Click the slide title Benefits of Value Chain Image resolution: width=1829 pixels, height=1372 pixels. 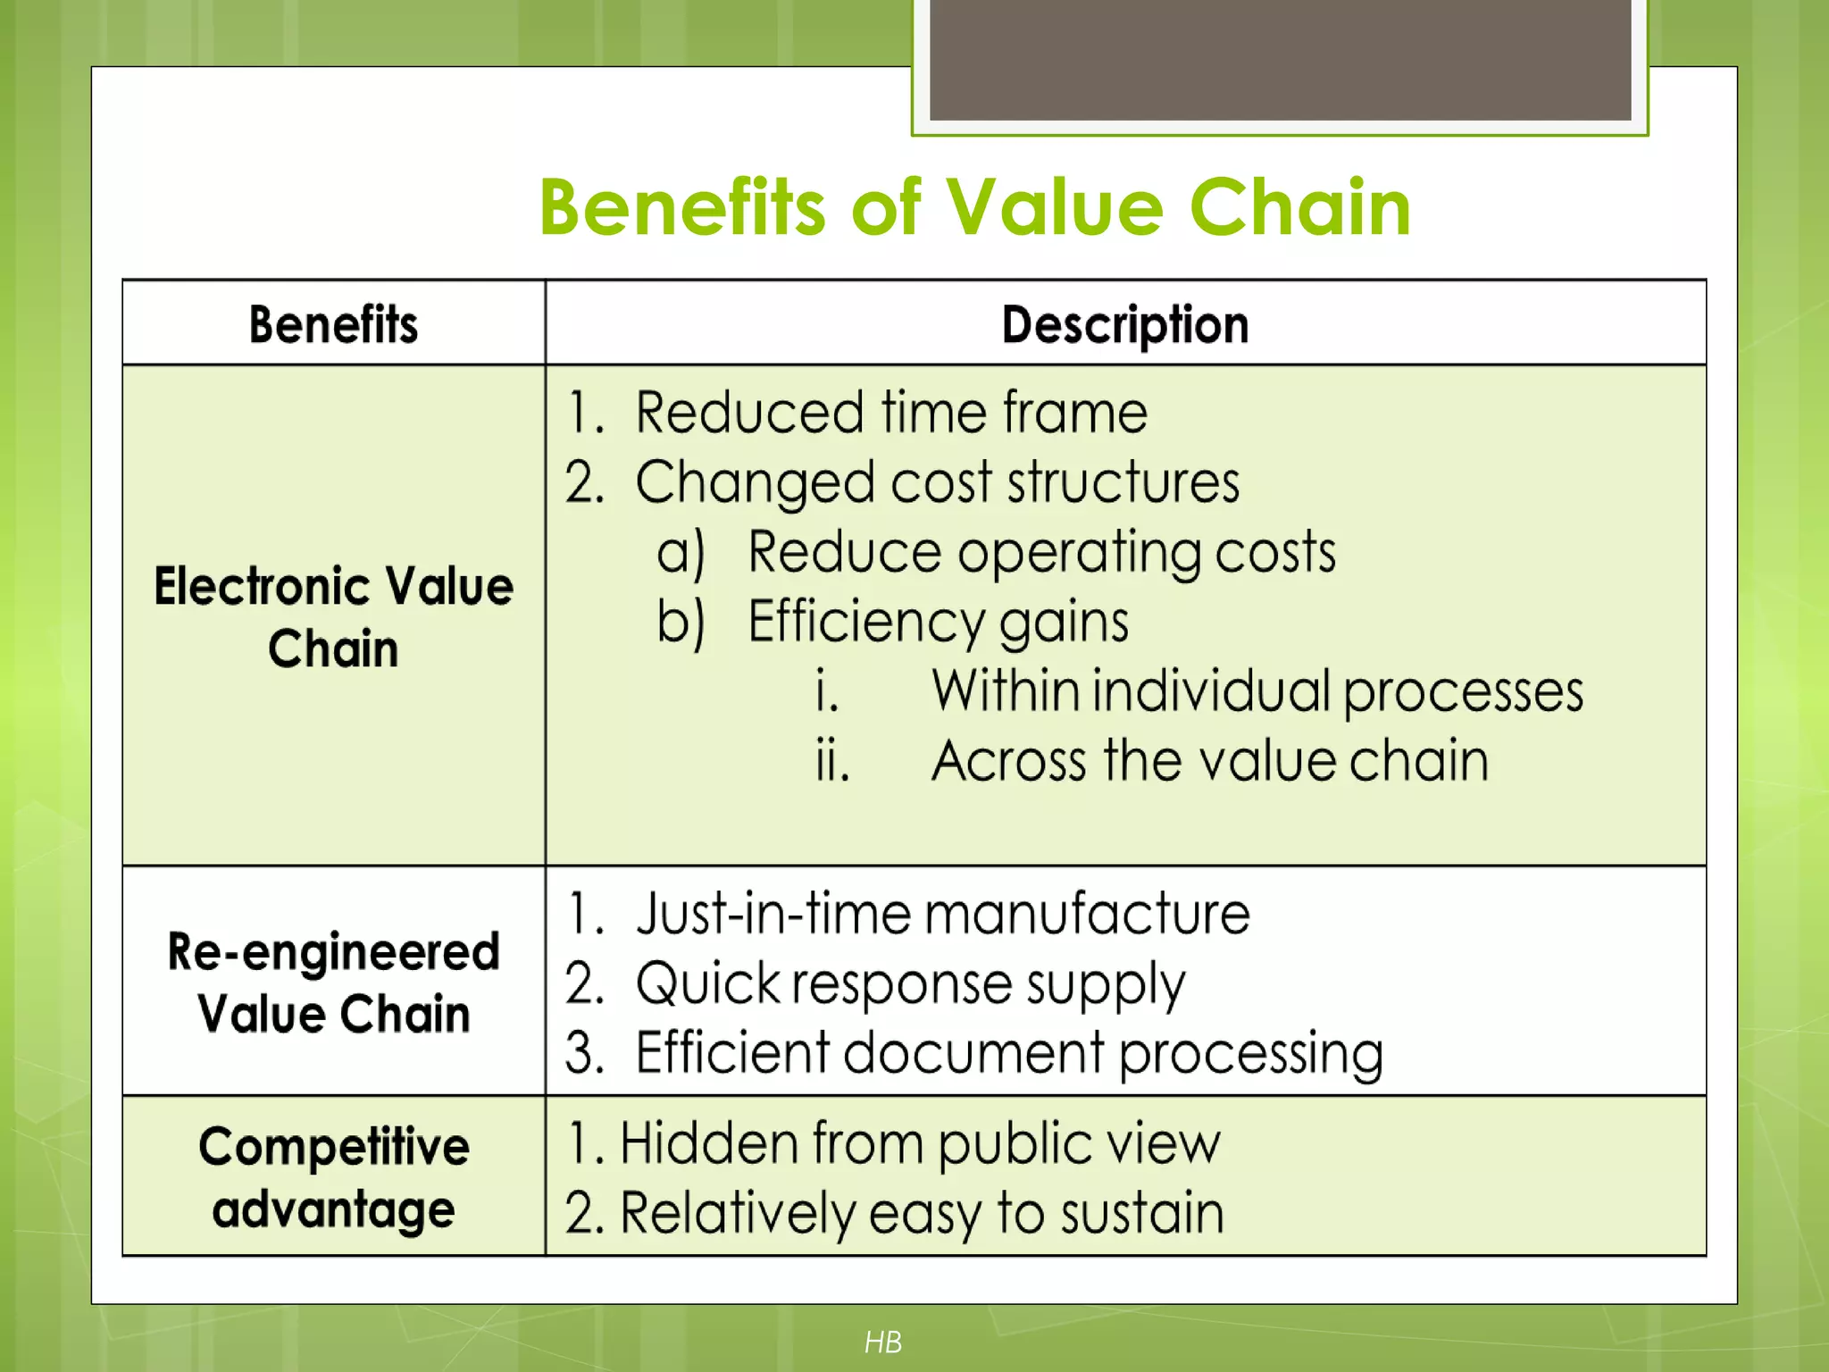pyautogui.click(x=974, y=207)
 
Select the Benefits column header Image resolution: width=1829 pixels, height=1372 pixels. pyautogui.click(x=333, y=324)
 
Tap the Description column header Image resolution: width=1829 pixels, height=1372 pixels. pyautogui.click(x=1124, y=324)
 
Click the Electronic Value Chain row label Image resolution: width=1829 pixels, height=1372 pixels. pyautogui.click(x=333, y=616)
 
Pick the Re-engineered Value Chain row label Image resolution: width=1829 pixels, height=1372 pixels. pyautogui.click(x=333, y=982)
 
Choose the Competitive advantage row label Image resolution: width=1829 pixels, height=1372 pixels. pyautogui.click(x=333, y=1177)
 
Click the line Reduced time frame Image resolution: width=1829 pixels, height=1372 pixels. pyautogui.click(x=890, y=413)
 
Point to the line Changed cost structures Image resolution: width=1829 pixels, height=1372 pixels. pyautogui.click(x=937, y=482)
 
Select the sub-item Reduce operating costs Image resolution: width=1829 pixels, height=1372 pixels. pyautogui.click(x=1041, y=552)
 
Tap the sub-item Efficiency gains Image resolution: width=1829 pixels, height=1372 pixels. pyautogui.click(x=938, y=622)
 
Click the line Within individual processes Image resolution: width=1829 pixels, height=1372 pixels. pyautogui.click(x=1257, y=691)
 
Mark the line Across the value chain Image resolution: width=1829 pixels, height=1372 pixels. pyautogui.click(x=1209, y=761)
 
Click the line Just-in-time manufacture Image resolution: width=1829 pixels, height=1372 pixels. pyautogui.click(x=942, y=915)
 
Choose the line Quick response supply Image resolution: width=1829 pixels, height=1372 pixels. pyautogui.click(x=910, y=984)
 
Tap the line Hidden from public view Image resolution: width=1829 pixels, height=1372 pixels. pyautogui.click(x=920, y=1143)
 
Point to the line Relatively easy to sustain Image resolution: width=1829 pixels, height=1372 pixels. pyautogui.click(x=922, y=1213)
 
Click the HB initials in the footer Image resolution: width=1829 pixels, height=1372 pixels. pyautogui.click(x=883, y=1342)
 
